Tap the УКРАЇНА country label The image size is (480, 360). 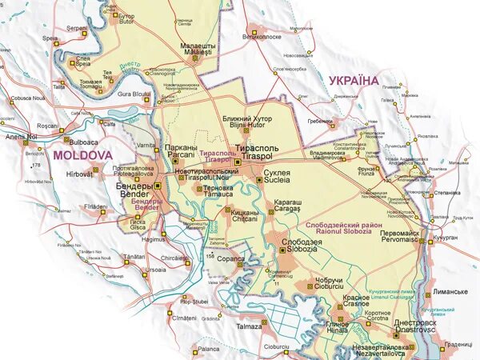coord(353,81)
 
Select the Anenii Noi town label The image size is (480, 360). coord(22,137)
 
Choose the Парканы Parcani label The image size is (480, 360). coord(178,150)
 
